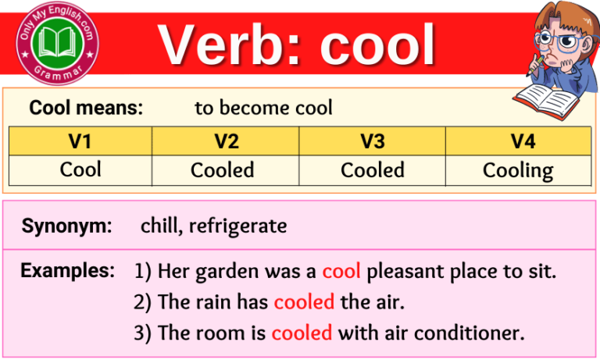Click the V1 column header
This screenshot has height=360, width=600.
click(x=80, y=141)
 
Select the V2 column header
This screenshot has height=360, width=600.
click(x=226, y=141)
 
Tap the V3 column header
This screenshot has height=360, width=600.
click(x=373, y=141)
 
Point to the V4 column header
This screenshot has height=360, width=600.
click(x=517, y=141)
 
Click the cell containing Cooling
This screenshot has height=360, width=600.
click(x=517, y=170)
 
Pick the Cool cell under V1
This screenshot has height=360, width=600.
click(x=80, y=169)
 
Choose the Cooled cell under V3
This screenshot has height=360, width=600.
click(x=373, y=170)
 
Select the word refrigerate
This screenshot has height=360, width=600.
click(x=237, y=226)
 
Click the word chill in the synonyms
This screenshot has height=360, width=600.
click(x=159, y=226)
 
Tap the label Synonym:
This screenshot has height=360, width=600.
click(x=67, y=226)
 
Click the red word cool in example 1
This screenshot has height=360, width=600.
click(x=341, y=271)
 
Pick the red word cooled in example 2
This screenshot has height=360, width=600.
click(x=304, y=301)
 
